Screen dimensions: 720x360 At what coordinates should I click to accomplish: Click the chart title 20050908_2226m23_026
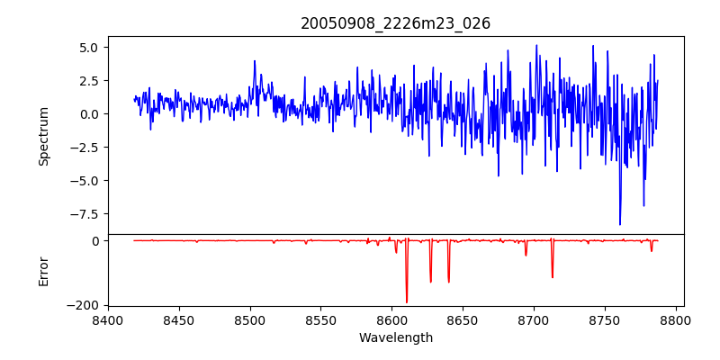[x=395, y=24]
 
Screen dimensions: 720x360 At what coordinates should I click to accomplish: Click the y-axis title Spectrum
[x=43, y=137]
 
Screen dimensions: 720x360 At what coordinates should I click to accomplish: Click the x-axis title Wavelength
[x=396, y=338]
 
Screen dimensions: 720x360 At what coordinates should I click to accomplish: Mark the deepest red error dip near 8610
[x=407, y=302]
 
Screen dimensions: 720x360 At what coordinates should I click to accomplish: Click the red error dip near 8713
[x=553, y=277]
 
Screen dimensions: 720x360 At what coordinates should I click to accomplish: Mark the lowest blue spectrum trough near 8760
[x=620, y=224]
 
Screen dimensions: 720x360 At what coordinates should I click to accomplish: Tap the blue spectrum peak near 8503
[x=255, y=60]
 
